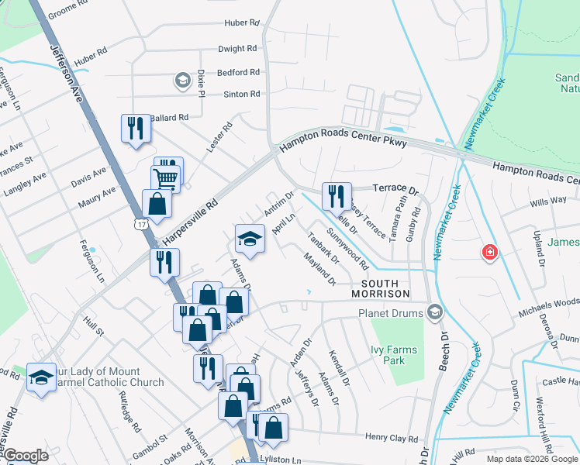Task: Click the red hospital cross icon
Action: coord(489,252)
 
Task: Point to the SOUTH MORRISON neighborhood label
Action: coord(380,288)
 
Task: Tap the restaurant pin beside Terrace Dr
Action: coord(337,195)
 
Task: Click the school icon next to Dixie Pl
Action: coord(182,80)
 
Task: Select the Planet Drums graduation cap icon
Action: coord(435,313)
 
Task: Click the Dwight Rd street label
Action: coord(238,48)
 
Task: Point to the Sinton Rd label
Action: coord(242,94)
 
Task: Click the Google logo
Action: coord(26,456)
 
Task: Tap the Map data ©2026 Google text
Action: coord(531,459)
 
